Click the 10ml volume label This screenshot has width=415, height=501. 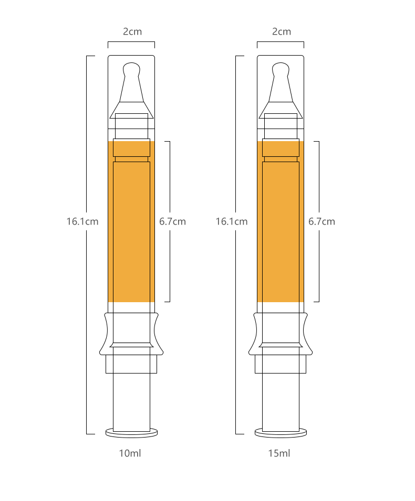coord(130,453)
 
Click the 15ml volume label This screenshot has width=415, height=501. coord(279,453)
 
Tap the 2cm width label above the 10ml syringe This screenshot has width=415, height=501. coord(132,31)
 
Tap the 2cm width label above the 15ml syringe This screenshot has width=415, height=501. coord(282,31)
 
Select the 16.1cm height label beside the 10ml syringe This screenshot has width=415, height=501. coord(82,221)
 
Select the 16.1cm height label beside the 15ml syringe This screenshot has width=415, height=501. coord(231,221)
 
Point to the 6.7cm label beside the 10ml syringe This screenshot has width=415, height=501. coord(172,221)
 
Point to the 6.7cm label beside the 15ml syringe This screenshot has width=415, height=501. coord(321,221)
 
